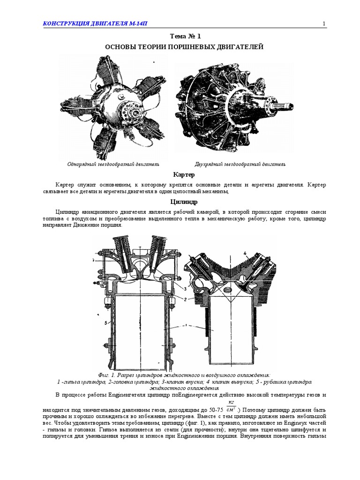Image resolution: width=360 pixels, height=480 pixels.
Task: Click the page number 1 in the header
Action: pyautogui.click(x=324, y=24)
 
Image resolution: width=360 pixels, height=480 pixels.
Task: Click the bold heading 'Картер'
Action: pyautogui.click(x=180, y=175)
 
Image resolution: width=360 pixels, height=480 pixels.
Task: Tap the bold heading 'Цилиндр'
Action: pyautogui.click(x=180, y=202)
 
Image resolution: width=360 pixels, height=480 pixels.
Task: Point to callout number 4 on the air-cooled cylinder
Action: pyautogui.click(x=245, y=254)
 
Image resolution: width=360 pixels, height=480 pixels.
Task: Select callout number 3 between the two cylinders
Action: pyautogui.click(x=186, y=289)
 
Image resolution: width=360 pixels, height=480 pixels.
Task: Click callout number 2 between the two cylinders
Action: pyautogui.click(x=186, y=299)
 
